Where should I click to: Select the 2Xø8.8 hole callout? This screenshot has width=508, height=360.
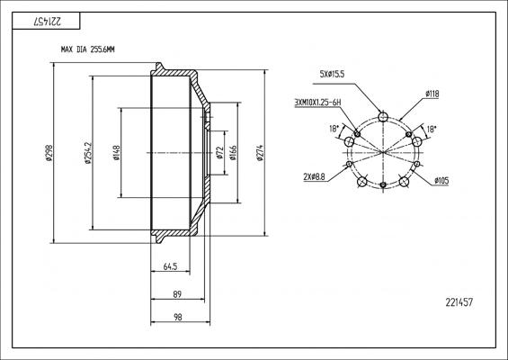315,177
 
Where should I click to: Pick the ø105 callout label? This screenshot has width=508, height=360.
441,181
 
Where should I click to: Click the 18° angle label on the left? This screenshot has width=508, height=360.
335,129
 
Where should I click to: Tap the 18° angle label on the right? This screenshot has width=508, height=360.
432,129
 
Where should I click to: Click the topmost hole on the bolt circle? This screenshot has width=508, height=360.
384,116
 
